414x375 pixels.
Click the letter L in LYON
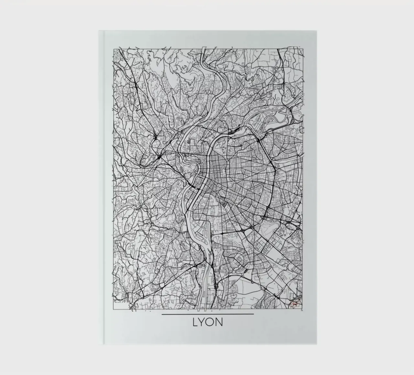[x=195, y=322]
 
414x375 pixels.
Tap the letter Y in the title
[x=202, y=322]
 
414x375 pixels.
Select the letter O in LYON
[x=211, y=322]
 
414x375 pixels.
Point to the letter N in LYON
[x=219, y=322]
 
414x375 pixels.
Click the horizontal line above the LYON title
[x=208, y=314]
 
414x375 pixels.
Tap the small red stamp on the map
[x=295, y=304]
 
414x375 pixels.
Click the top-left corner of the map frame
[x=113, y=49]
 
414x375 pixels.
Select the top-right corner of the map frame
[x=303, y=49]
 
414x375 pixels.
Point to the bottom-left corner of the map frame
[x=113, y=308]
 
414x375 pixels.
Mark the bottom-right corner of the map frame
[x=303, y=308]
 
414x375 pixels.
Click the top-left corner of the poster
[x=99, y=31]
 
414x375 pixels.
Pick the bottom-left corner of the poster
[x=99, y=345]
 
